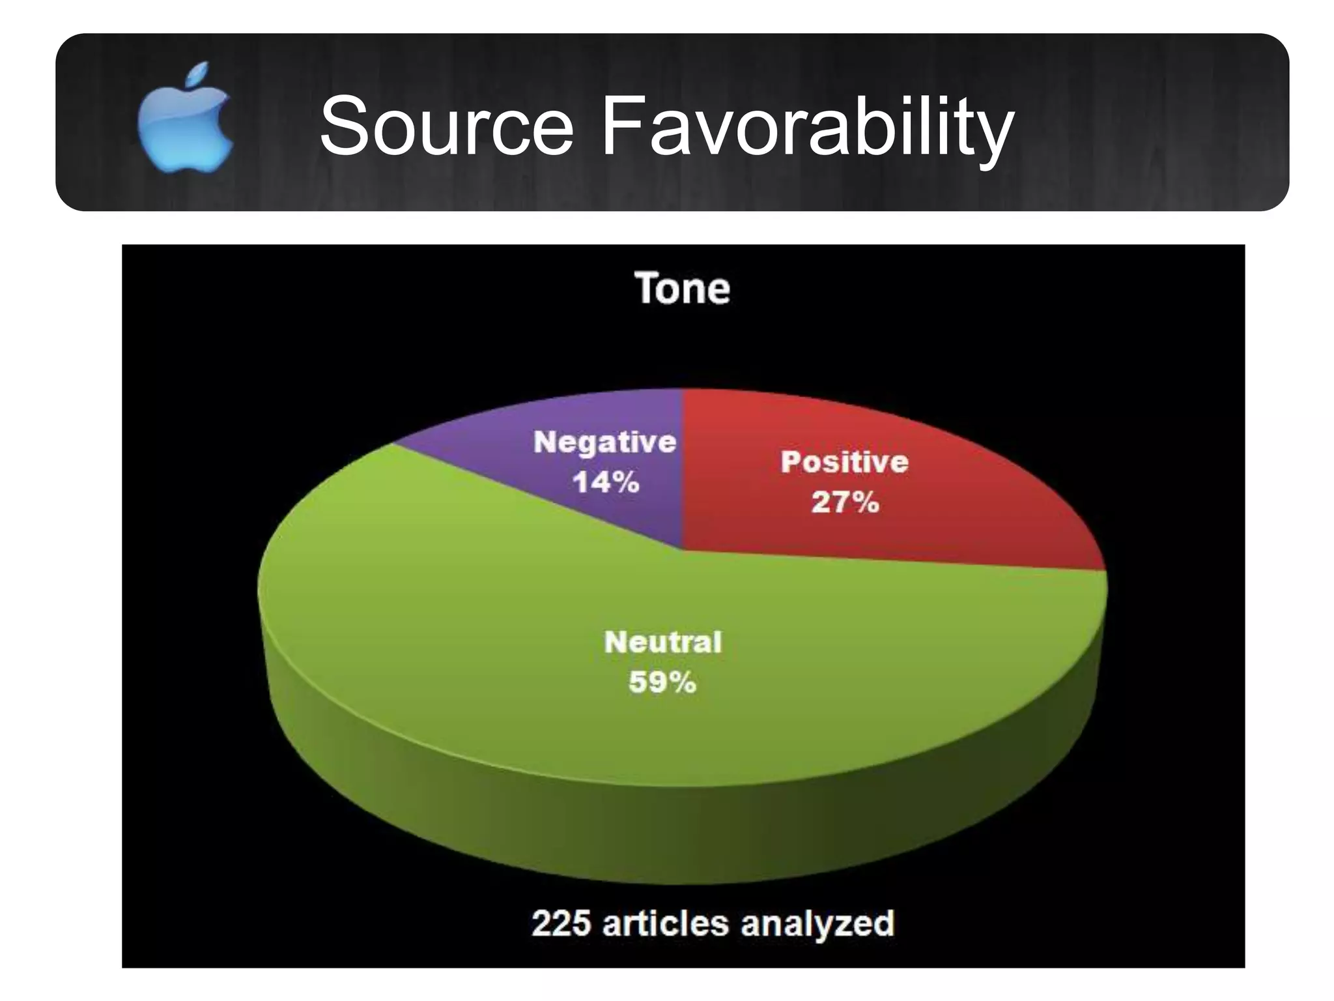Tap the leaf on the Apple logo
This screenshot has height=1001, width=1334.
pyautogui.click(x=199, y=74)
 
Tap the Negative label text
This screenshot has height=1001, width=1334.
pyautogui.click(x=605, y=442)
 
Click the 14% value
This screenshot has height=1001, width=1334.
pyautogui.click(x=606, y=482)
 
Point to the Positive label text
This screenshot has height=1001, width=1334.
pyautogui.click(x=844, y=462)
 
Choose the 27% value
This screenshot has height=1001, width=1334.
pyautogui.click(x=845, y=502)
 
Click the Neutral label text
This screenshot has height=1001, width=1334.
pyautogui.click(x=663, y=643)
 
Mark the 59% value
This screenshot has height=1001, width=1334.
pyautogui.click(x=662, y=683)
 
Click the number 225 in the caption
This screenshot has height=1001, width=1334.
pyautogui.click(x=561, y=923)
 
